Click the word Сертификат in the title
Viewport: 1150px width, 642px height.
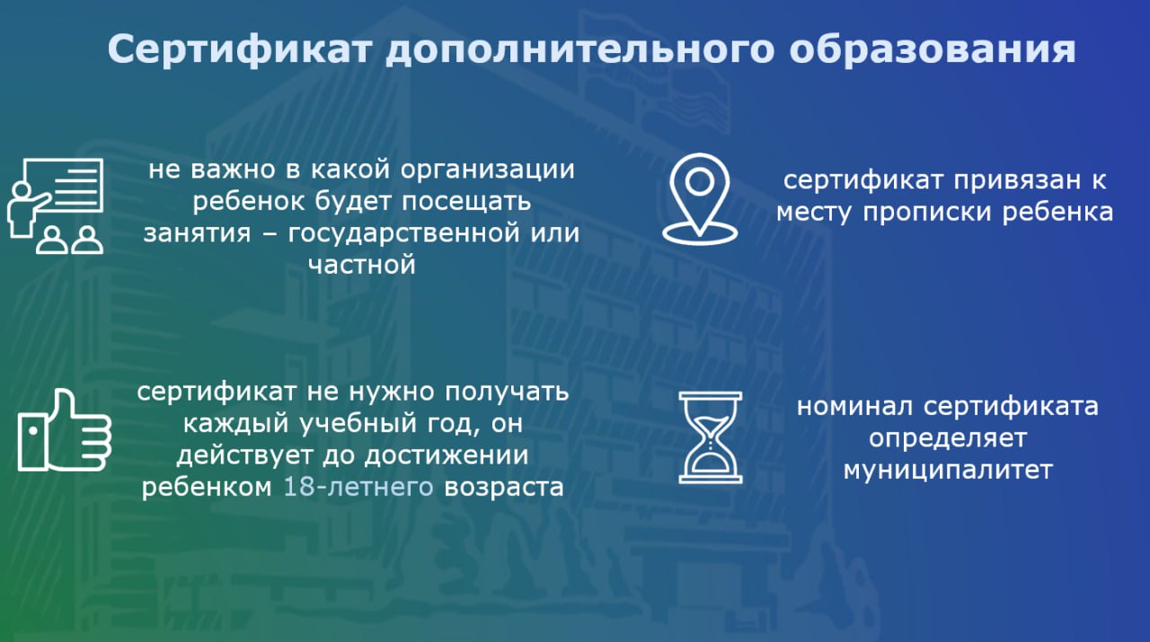[239, 49]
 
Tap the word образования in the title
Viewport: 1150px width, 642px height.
[933, 49]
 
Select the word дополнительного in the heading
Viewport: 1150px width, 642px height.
[580, 49]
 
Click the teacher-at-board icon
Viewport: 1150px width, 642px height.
[56, 207]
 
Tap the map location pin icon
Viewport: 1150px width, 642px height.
[699, 198]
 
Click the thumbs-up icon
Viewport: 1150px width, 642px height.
[64, 430]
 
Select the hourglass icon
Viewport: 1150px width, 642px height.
[711, 437]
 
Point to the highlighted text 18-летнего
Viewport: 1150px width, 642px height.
[358, 487]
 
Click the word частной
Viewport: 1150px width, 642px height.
[361, 265]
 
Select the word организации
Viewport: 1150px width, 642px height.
[487, 171]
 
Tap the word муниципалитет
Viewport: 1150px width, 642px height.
[948, 471]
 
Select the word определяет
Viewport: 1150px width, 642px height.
[948, 439]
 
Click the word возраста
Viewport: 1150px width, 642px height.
[504, 488]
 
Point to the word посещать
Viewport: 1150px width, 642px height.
[466, 202]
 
